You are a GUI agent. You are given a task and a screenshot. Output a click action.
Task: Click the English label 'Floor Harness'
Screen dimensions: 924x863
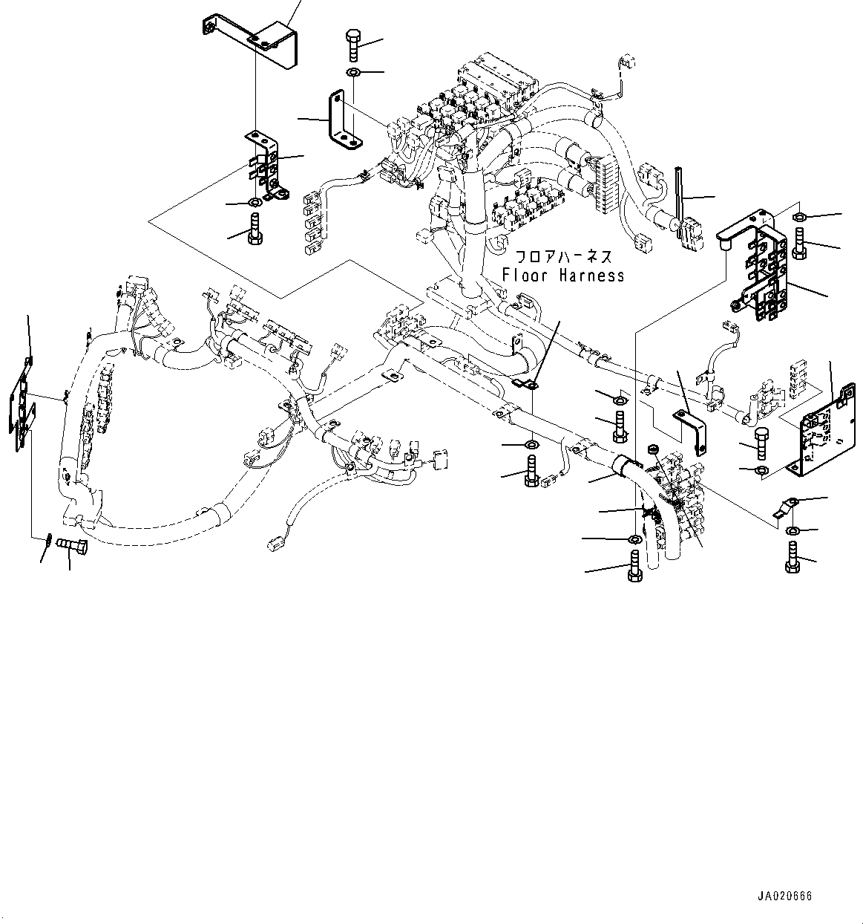(x=562, y=276)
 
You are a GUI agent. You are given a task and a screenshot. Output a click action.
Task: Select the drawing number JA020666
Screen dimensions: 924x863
(x=785, y=896)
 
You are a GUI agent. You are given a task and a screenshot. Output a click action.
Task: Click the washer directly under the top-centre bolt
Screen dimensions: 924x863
(x=353, y=72)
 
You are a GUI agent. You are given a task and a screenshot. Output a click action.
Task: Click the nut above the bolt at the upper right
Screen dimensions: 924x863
(x=799, y=217)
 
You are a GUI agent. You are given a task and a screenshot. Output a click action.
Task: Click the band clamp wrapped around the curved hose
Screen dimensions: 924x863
(x=622, y=466)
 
